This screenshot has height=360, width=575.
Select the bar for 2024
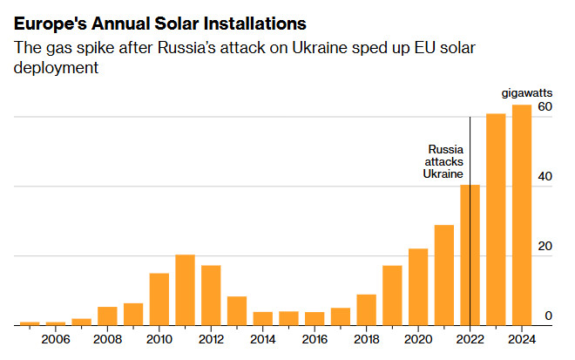pos(521,215)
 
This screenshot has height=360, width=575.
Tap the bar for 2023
pos(496,220)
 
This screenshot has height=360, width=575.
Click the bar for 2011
pos(185,289)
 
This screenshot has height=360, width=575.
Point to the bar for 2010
pos(159,299)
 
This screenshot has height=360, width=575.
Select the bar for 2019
pos(392,295)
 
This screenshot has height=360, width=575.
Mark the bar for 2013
pos(237,310)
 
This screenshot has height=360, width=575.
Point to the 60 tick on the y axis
pos(545,107)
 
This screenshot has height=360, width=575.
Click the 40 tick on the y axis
pos(545,177)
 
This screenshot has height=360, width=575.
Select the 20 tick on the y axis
pos(545,247)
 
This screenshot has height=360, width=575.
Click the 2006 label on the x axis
pos(55,339)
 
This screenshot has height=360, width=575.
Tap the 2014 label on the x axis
pos(262,339)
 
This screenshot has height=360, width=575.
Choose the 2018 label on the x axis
pos(366,339)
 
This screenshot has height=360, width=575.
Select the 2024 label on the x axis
pos(521,339)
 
